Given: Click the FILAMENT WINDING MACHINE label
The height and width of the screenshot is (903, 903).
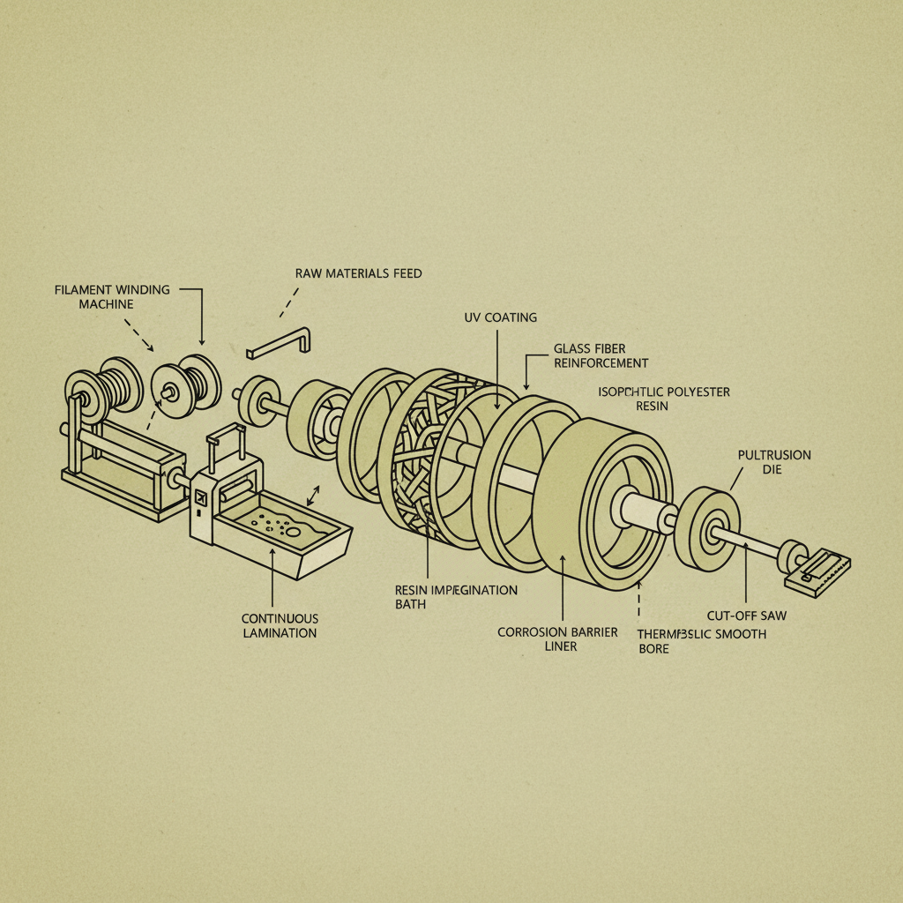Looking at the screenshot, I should point(112,296).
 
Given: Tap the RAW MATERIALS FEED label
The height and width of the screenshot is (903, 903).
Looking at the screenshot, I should point(358,273).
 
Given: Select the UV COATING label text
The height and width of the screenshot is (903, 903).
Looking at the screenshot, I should point(500,317).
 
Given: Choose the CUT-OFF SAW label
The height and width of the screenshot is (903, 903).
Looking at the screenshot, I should point(746,616).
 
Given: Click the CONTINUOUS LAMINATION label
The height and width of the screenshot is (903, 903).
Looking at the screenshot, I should point(280,626).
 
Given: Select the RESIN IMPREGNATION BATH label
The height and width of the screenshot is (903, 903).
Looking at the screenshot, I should point(456,597).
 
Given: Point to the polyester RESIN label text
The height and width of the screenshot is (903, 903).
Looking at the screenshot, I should point(653,407).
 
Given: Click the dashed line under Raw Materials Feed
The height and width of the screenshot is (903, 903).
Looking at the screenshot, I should point(286,303).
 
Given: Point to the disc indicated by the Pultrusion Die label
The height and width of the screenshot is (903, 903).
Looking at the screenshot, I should point(706,526).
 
